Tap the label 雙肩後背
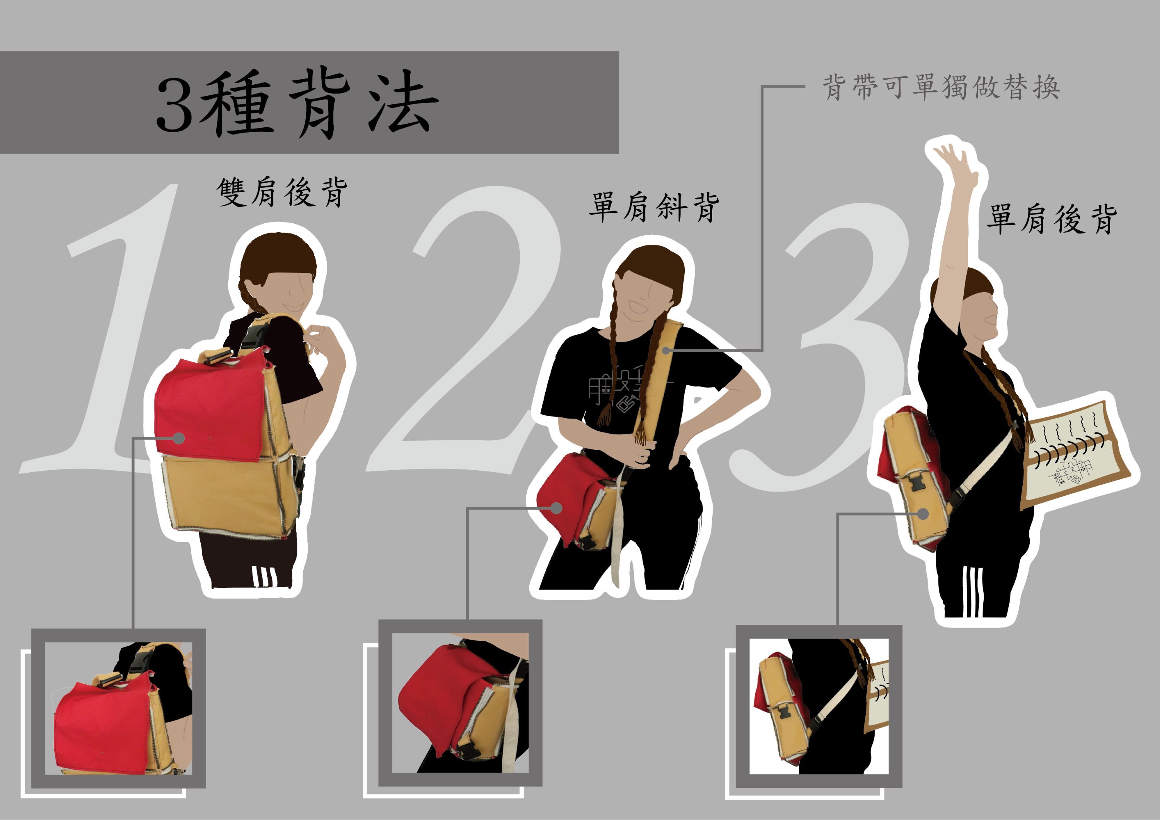(x=282, y=192)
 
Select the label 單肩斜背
(x=654, y=207)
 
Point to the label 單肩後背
(x=1052, y=219)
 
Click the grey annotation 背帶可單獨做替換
(x=941, y=87)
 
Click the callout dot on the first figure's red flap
(x=178, y=438)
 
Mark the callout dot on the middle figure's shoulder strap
(x=667, y=350)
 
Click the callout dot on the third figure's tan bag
(x=923, y=514)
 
